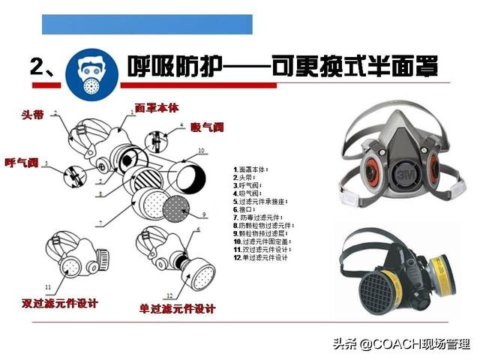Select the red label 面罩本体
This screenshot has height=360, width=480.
point(157,107)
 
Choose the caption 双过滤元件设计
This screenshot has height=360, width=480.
point(59,304)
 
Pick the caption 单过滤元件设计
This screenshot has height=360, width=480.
point(178,308)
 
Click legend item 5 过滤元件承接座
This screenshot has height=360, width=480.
point(262,201)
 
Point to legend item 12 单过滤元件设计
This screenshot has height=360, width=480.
point(260,257)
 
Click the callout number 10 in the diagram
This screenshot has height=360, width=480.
point(200,151)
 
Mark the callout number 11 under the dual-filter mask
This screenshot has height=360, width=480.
point(47,286)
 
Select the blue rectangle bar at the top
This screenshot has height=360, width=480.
point(147,24)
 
